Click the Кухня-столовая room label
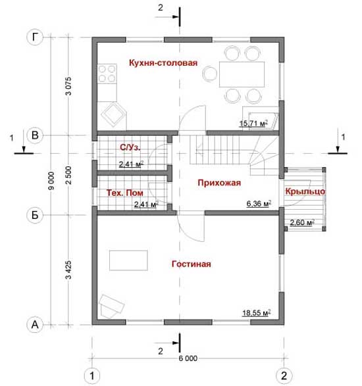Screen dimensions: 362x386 tap(163, 62)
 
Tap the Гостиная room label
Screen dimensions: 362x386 tap(192, 264)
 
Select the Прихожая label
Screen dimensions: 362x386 tap(219, 183)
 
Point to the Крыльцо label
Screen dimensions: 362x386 tap(305, 191)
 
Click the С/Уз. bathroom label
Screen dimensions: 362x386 tap(130, 147)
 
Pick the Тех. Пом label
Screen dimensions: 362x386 tap(124, 193)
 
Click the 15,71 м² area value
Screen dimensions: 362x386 tap(253, 123)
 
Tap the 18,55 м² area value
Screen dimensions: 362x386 tap(257, 312)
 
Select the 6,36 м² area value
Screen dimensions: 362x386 tap(259, 204)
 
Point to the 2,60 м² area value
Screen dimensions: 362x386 tap(302, 222)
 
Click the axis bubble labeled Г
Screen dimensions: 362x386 tap(35, 37)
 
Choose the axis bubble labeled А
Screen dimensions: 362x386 tap(35, 324)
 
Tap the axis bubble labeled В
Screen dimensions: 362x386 tap(35, 135)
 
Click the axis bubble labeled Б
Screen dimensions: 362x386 tap(35, 215)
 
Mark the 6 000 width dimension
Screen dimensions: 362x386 tap(188, 358)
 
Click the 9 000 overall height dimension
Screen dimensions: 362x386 tap(51, 180)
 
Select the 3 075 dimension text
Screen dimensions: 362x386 tap(68, 86)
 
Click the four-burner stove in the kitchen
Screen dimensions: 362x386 tap(107, 74)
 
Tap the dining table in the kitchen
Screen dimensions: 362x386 tap(242, 74)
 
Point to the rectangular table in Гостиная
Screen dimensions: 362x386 tap(128, 260)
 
